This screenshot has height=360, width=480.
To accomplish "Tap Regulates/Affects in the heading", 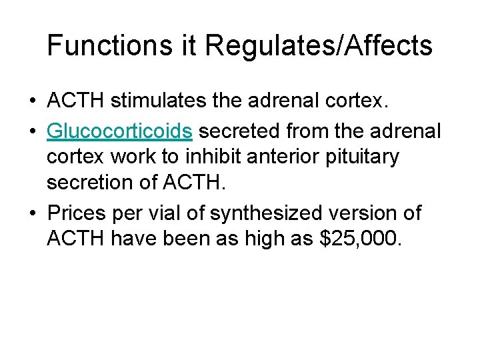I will pos(319,46).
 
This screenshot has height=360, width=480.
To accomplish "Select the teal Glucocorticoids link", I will pos(120,132).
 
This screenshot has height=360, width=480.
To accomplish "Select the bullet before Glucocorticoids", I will pos(33,133).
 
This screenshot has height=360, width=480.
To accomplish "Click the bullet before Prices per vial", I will pos(33,214).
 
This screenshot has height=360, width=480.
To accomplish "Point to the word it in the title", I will pos(191,46).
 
